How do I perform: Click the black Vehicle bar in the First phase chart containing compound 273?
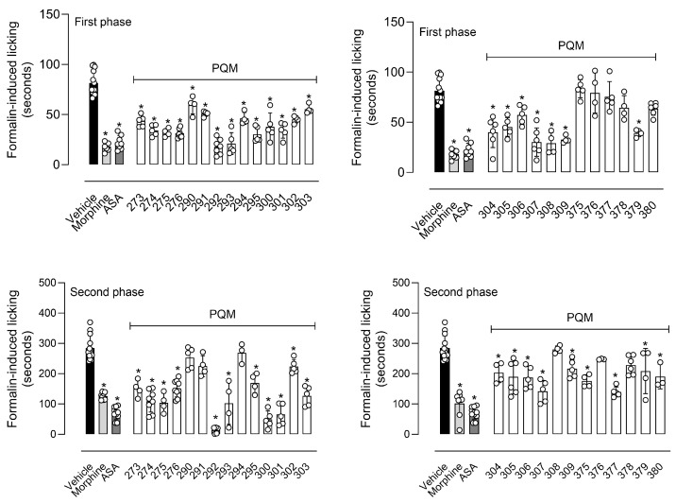click(x=93, y=123)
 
